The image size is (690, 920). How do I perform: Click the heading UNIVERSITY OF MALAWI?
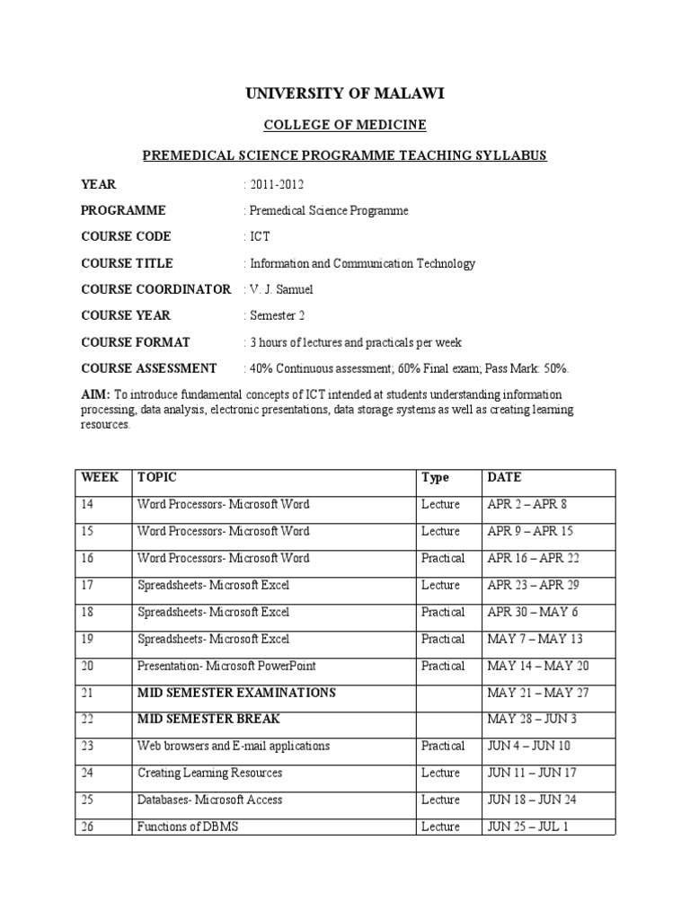pos(345,93)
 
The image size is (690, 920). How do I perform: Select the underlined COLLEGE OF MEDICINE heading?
pos(345,125)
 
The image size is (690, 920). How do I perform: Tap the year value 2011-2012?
pos(276,184)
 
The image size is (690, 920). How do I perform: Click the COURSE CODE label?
pos(126,237)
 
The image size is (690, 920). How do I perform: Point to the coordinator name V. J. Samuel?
pos(280,289)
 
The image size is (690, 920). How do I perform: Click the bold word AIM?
pos(95,395)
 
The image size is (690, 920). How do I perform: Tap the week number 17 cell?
pos(87,586)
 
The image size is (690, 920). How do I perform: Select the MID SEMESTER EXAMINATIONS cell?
pos(236,693)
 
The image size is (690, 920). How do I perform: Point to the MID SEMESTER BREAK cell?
pos(208,720)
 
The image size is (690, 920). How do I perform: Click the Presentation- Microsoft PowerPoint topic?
pos(226,666)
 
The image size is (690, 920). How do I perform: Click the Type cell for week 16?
pos(443,559)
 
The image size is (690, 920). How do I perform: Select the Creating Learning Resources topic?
pos(209,773)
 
